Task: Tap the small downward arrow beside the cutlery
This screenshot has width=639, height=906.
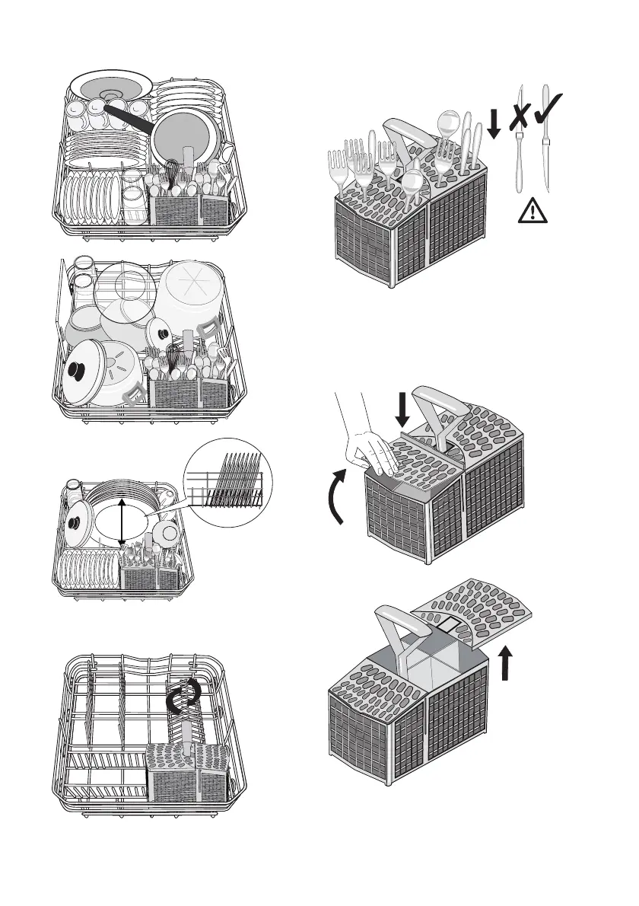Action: (x=494, y=123)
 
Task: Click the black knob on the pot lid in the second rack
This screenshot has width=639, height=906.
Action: (x=76, y=371)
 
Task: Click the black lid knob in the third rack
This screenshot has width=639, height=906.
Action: (x=76, y=523)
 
